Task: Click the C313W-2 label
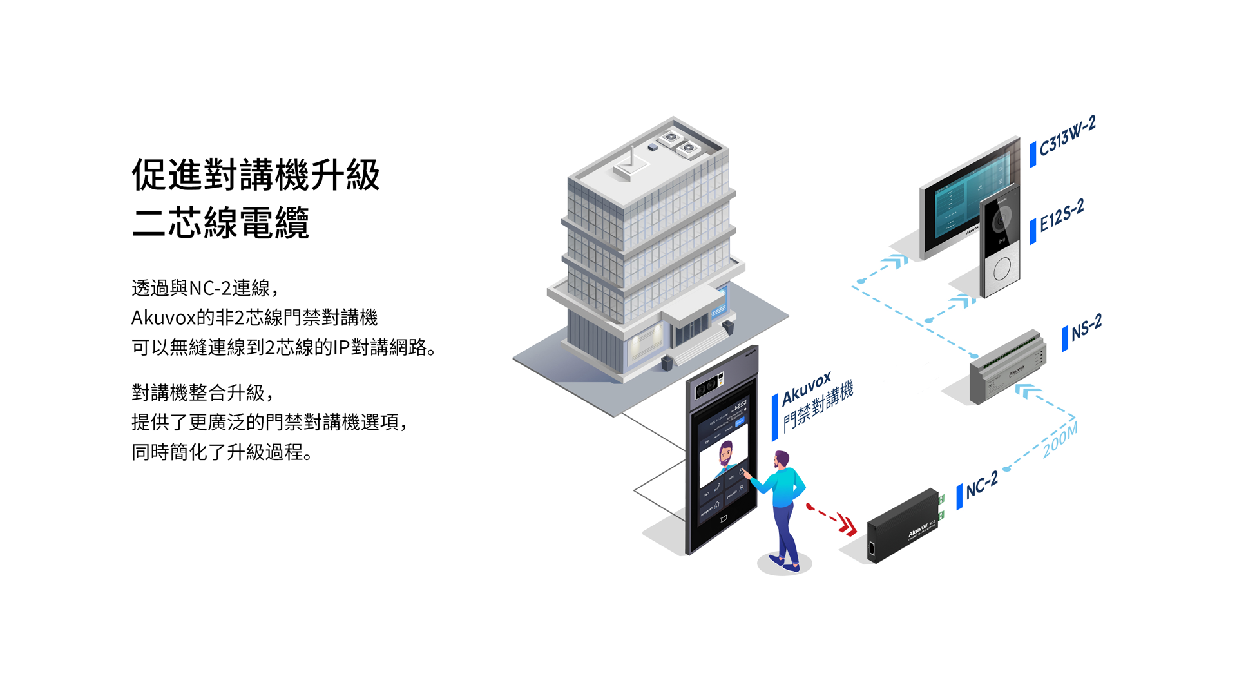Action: coord(1068,137)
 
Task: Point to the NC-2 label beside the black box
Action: coord(982,484)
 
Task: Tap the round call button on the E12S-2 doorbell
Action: coord(1002,269)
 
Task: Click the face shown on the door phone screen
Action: coord(725,453)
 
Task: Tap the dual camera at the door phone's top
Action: coord(707,386)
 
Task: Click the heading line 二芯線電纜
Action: coord(220,223)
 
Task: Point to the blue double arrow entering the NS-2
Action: coord(1028,391)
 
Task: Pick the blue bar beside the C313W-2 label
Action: coord(1033,155)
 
